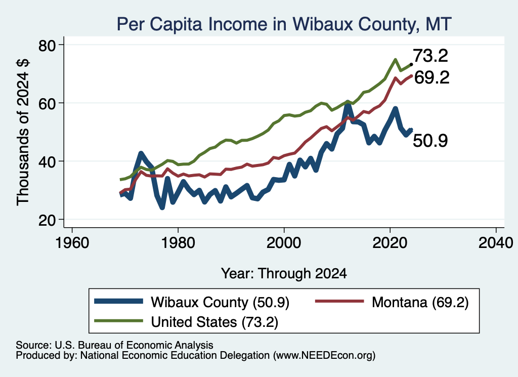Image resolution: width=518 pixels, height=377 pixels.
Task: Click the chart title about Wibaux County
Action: (284, 24)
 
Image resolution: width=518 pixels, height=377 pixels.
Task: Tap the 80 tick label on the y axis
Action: (47, 45)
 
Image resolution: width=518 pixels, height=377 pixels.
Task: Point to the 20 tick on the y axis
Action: (47, 220)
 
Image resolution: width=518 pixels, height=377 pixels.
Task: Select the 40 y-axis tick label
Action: (47, 161)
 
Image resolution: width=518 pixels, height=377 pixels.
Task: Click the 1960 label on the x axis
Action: (72, 243)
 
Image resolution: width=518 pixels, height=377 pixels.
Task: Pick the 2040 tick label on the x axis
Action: (496, 243)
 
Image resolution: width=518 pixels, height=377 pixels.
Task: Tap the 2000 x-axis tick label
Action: (284, 243)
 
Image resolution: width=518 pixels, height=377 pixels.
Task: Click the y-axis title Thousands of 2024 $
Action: (23, 132)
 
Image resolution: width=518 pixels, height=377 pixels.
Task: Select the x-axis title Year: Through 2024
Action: (284, 274)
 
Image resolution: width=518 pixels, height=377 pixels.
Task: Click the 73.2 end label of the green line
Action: (430, 56)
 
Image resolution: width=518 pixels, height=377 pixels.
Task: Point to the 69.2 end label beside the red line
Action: (432, 77)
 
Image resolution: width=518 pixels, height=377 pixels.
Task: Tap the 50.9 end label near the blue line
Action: (430, 140)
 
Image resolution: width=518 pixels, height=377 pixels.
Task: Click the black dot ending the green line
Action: (411, 64)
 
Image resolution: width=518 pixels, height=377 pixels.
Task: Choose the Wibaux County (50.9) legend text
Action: (220, 302)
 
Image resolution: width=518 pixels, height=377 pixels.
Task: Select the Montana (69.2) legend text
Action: (420, 302)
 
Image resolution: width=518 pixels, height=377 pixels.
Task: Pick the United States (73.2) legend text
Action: (214, 322)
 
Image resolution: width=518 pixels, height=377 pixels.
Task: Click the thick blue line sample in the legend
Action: (118, 301)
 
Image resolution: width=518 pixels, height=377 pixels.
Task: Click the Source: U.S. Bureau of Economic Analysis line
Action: (114, 345)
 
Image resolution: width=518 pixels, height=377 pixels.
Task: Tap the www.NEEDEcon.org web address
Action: (324, 356)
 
